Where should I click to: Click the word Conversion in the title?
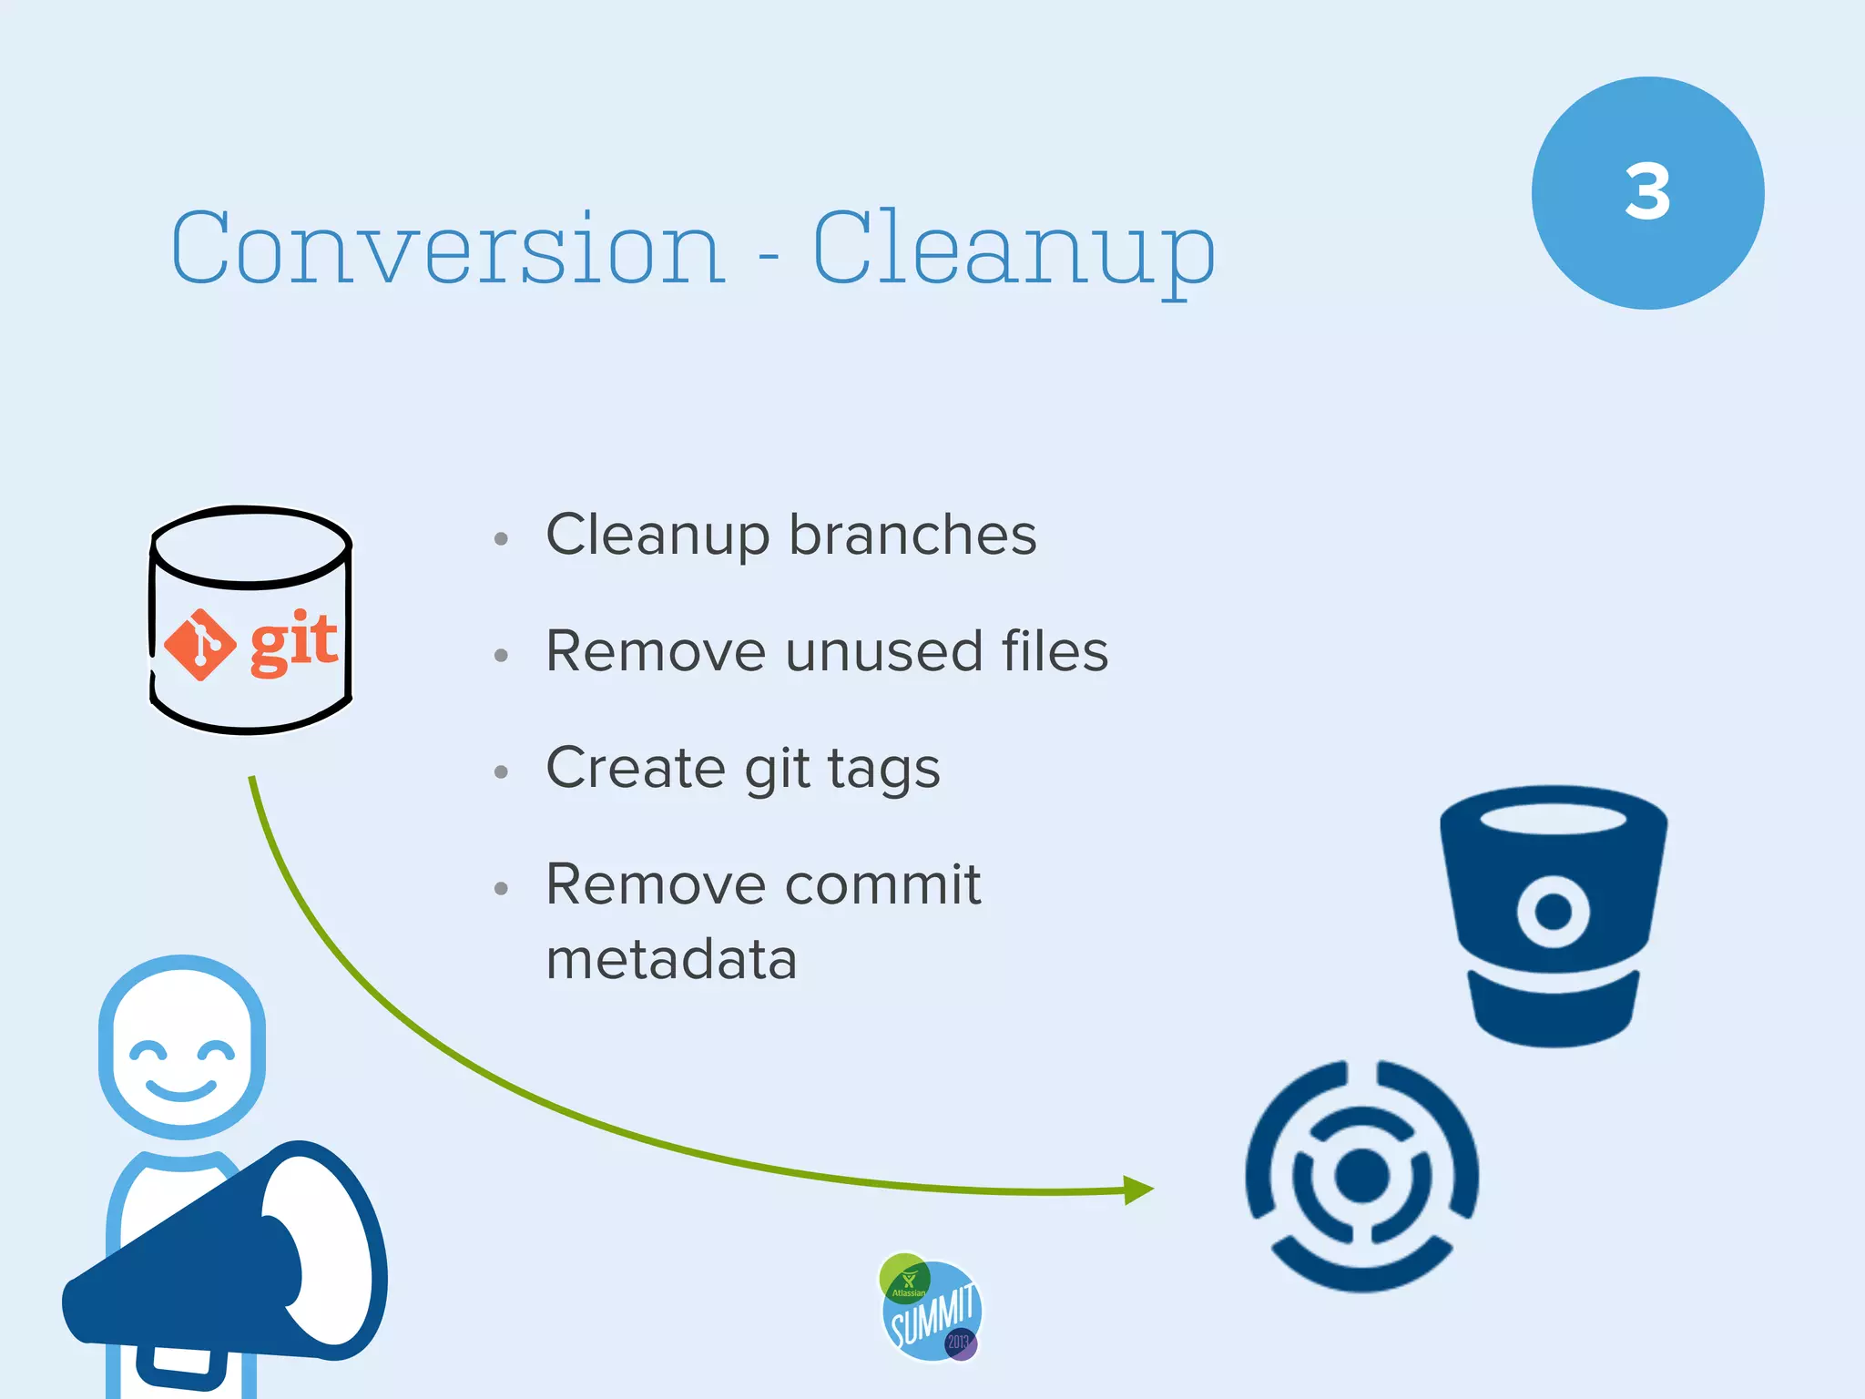448,248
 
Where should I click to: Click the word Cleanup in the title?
1013,248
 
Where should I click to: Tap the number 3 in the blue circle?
1647,192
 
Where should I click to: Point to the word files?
1055,651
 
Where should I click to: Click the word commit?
882,884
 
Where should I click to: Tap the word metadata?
671,960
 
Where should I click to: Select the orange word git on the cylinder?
293,644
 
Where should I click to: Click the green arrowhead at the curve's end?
1137,1190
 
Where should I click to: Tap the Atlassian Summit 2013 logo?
930,1308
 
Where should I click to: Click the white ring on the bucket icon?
1553,911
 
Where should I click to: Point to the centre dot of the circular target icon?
1361,1175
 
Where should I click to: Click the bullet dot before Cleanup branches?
501,538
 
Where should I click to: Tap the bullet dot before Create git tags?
501,772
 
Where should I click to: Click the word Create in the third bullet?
635,769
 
